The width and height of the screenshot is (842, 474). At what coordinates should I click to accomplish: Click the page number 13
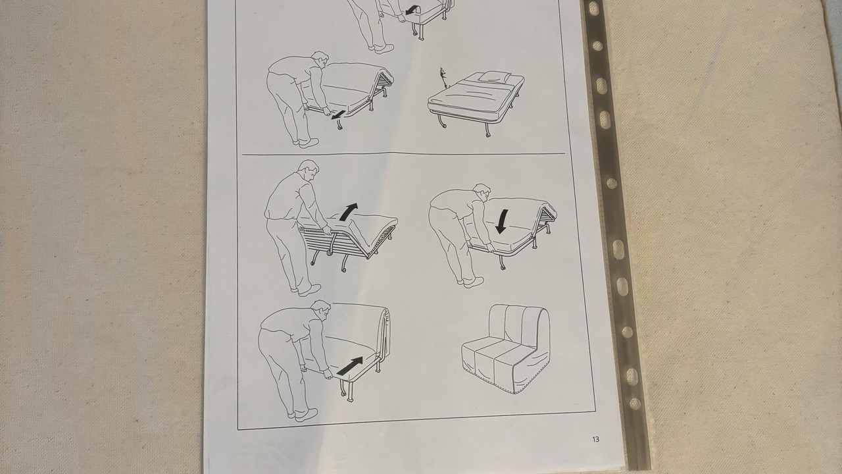(x=596, y=439)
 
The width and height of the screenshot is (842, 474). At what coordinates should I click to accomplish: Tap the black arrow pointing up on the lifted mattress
(x=349, y=212)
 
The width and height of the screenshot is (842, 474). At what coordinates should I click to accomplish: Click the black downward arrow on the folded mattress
(x=501, y=222)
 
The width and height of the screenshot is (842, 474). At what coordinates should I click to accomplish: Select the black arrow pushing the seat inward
(x=350, y=366)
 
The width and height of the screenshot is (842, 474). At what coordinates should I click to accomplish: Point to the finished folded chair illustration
(x=506, y=349)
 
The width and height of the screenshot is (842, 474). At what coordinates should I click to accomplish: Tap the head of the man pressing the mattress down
(x=482, y=193)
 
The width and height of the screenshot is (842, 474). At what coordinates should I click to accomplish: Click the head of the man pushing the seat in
(x=322, y=310)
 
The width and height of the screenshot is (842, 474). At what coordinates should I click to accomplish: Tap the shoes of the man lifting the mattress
(x=306, y=290)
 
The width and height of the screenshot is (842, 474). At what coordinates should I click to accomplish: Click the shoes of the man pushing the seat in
(x=304, y=415)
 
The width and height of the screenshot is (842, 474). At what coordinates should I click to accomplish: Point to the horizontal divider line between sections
(x=403, y=153)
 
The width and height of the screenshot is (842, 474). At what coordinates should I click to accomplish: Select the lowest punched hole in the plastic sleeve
(x=635, y=404)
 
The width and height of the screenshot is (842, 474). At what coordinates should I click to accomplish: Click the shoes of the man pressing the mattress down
(x=470, y=282)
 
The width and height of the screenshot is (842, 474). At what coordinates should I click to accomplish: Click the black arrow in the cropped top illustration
(x=412, y=9)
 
